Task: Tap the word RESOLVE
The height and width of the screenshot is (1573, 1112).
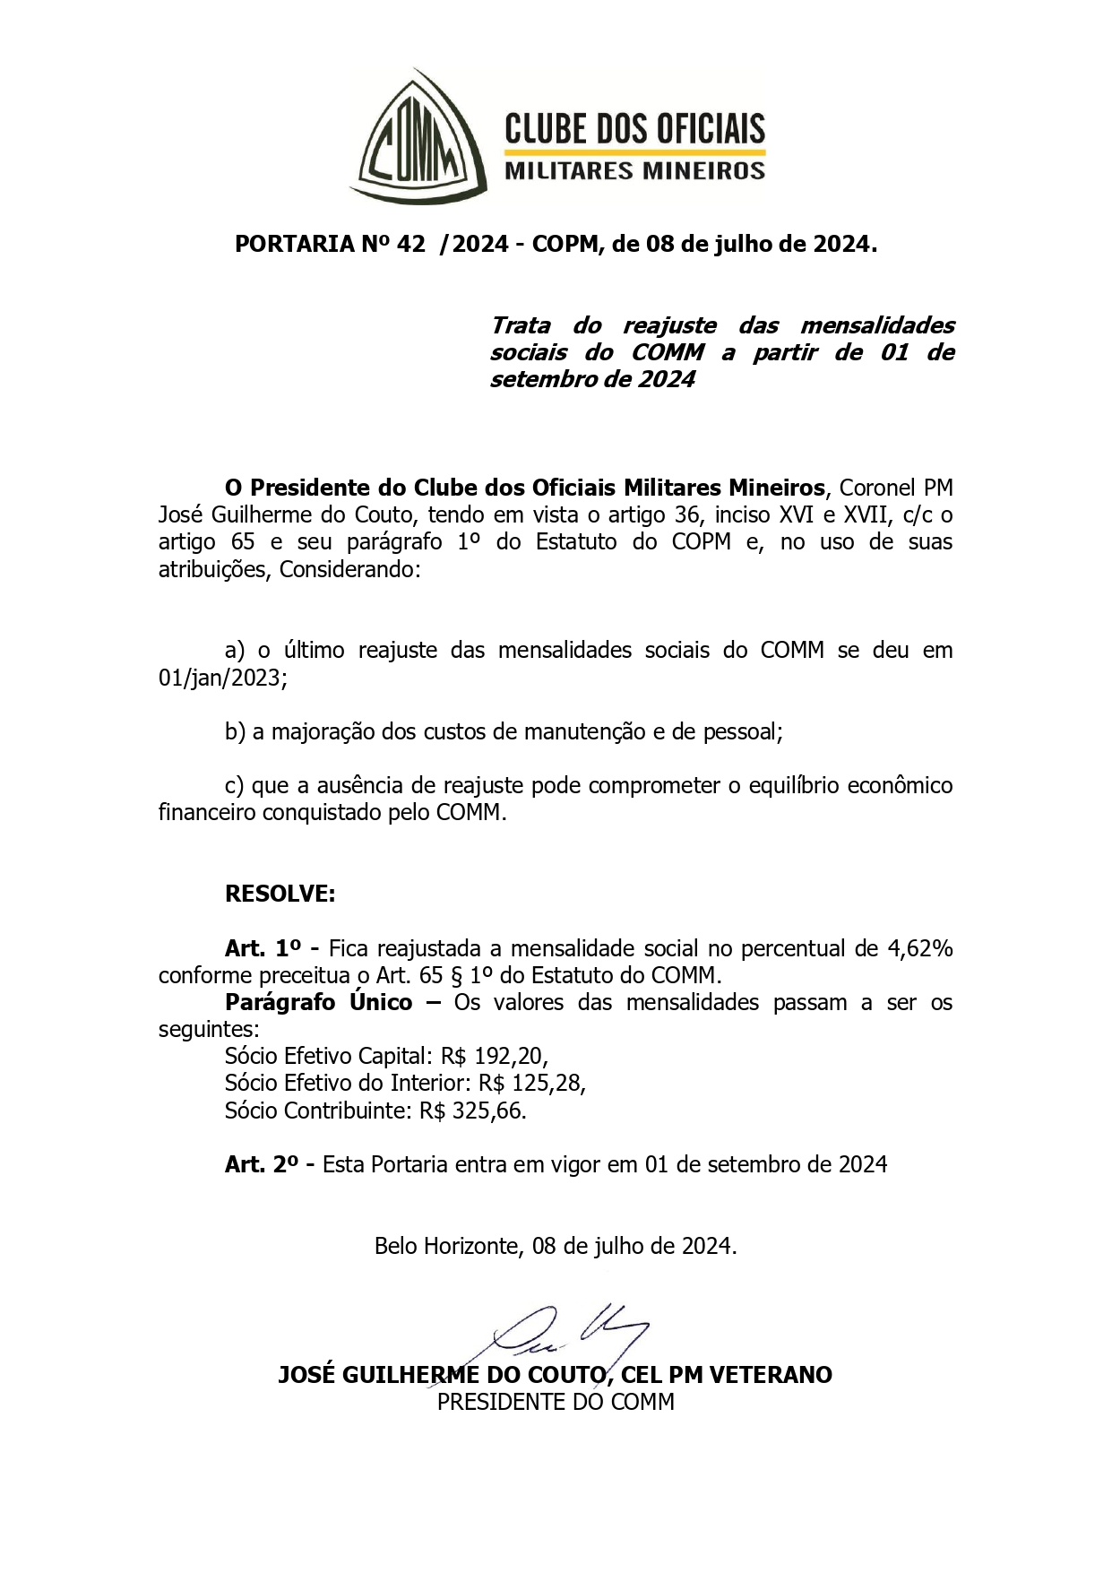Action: point(280,894)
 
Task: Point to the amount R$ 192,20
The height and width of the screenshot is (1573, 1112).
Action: point(494,1056)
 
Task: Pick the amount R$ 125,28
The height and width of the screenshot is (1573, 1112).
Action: point(531,1083)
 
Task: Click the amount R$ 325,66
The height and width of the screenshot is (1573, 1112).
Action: point(472,1111)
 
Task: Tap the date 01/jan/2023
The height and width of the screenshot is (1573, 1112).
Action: point(222,678)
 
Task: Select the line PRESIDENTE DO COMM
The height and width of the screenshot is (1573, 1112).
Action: point(556,1402)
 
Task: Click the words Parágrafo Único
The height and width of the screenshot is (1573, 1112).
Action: point(318,1002)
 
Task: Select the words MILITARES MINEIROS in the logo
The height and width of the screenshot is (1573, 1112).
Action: point(635,170)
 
